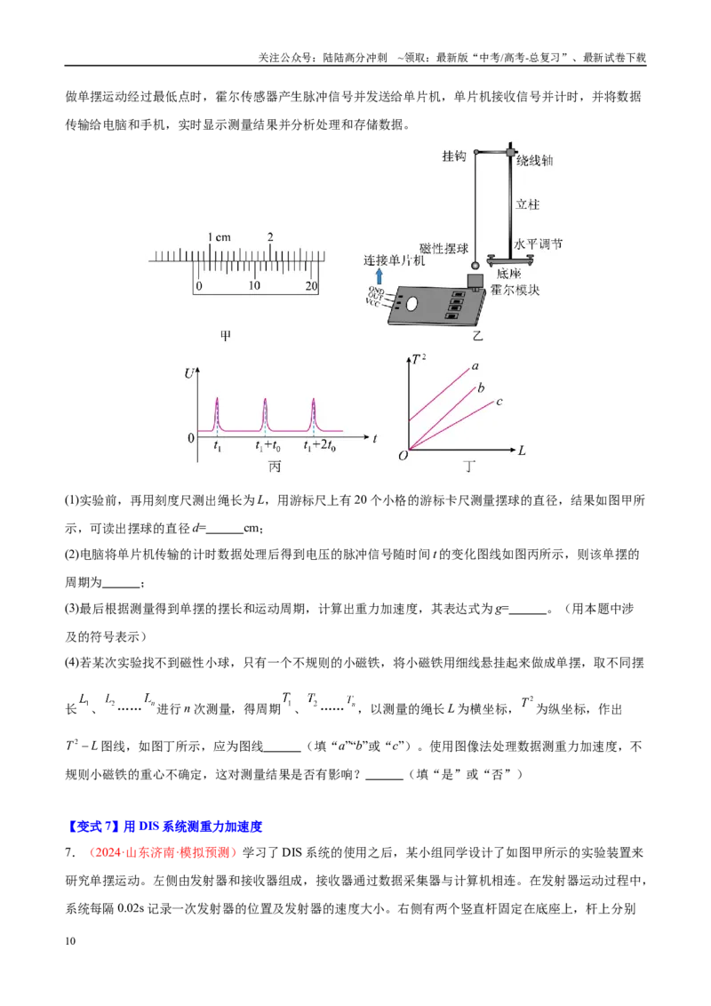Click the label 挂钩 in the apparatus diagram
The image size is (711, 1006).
tap(453, 156)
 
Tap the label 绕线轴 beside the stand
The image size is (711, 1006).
tap(534, 160)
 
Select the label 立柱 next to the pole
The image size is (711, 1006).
tap(528, 204)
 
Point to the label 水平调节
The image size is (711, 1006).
tap(538, 244)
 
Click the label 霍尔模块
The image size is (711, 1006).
tap(515, 290)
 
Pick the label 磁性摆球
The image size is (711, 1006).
tap(443, 248)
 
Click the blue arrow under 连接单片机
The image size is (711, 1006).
tap(379, 276)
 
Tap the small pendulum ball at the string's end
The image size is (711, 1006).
tap(475, 266)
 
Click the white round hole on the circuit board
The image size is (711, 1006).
tap(412, 303)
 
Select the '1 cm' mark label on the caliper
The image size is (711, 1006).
tap(219, 237)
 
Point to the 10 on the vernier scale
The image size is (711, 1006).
tap(254, 285)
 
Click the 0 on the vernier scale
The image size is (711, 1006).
tap(199, 285)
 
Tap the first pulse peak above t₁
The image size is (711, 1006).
tap(217, 399)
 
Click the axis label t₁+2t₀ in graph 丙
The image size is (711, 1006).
tap(319, 445)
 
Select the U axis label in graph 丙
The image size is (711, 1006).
tap(189, 373)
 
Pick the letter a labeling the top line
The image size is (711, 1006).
tap(475, 366)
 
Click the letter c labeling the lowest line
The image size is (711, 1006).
tap(499, 402)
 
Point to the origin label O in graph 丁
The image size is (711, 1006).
tap(403, 456)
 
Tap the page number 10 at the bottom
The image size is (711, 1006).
tap(70, 940)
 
